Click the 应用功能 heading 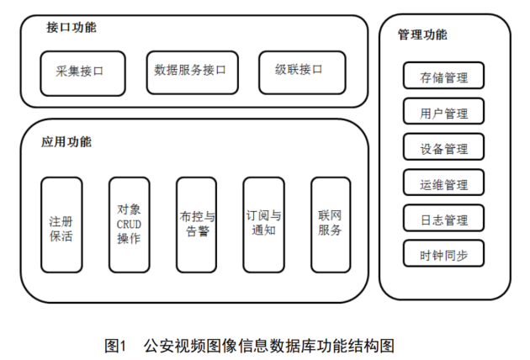(x=66, y=141)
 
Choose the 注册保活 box (x=61, y=225)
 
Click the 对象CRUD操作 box (x=129, y=225)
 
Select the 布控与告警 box (x=196, y=225)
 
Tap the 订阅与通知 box (x=263, y=225)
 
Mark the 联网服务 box (x=331, y=225)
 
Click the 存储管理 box (x=443, y=78)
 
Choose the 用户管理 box (x=443, y=114)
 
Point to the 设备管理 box (x=443, y=149)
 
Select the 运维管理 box (x=443, y=184)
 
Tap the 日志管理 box (x=443, y=220)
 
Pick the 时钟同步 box (x=443, y=255)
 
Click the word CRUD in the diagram (x=129, y=224)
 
